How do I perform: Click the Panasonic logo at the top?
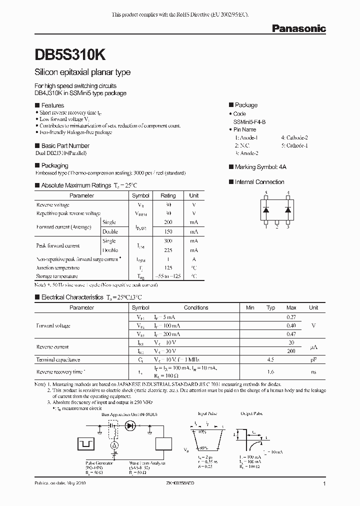pyautogui.click(x=298, y=28)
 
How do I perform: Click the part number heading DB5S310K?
pyautogui.click(x=69, y=54)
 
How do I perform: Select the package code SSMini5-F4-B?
pyautogui.click(x=252, y=121)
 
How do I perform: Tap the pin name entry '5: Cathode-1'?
pyautogui.click(x=294, y=145)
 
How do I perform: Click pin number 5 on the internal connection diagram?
pyautogui.click(x=266, y=192)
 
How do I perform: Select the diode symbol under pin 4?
pyautogui.click(x=288, y=209)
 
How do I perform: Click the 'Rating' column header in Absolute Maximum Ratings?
pyautogui.click(x=168, y=195)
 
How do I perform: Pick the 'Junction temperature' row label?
pyautogui.click(x=57, y=267)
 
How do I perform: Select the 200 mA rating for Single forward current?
pyautogui.click(x=168, y=222)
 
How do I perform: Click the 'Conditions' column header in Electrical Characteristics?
pyautogui.click(x=196, y=307)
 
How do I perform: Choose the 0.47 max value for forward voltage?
pyautogui.click(x=291, y=334)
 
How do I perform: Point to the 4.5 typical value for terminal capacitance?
pyautogui.click(x=270, y=359)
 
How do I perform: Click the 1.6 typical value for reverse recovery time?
pyautogui.click(x=270, y=372)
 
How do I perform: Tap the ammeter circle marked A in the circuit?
pyautogui.click(x=114, y=444)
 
